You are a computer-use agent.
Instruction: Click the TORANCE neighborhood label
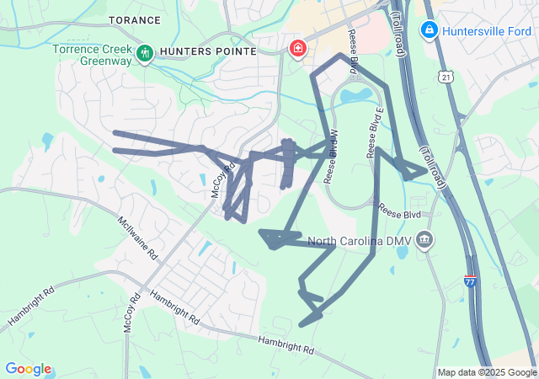pos(135,19)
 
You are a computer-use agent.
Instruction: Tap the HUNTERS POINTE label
pos(195,51)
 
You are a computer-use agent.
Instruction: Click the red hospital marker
pos(297,49)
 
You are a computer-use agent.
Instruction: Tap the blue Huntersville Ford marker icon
pos(429,30)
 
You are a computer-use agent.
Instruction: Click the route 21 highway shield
pos(444,77)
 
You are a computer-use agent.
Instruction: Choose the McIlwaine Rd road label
pos(138,237)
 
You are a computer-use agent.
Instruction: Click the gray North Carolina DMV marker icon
pos(425,241)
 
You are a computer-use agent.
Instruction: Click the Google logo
pos(28,369)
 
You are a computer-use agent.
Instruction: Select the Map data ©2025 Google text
pos(486,372)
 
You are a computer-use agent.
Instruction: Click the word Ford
pos(520,30)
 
